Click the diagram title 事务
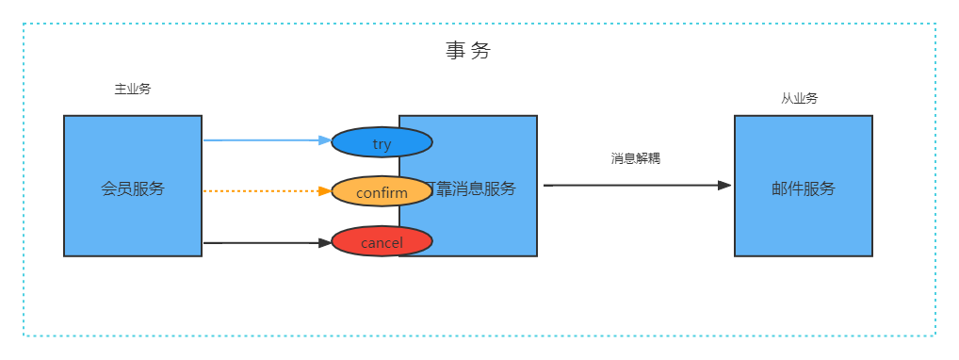[468, 51]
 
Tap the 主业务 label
[133, 90]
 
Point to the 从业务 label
[799, 98]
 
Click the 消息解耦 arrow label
[636, 158]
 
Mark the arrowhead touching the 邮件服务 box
[724, 186]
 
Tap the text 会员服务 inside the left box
[133, 188]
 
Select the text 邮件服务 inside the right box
[804, 188]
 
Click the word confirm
[382, 193]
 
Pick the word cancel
[382, 243]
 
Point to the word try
[382, 144]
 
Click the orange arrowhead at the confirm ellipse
[325, 191]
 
